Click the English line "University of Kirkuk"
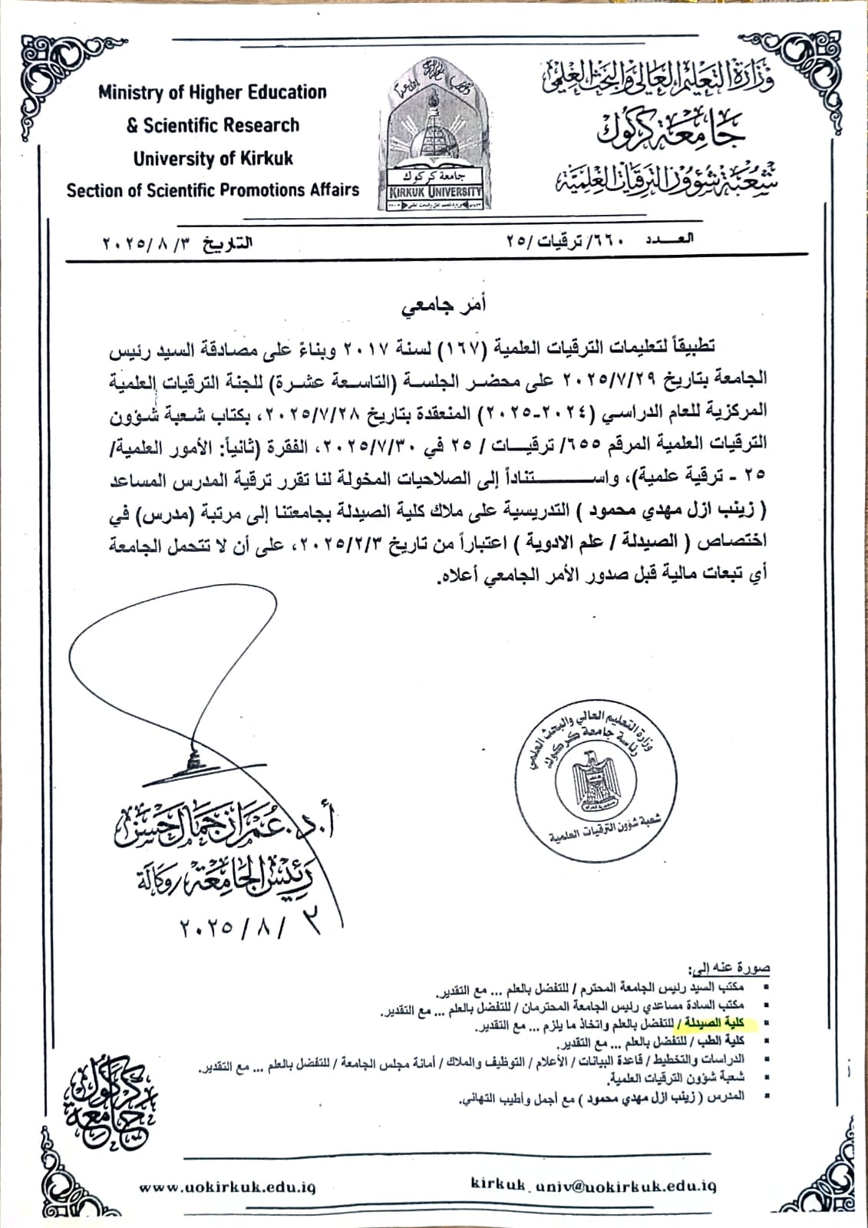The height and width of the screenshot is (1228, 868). click(213, 159)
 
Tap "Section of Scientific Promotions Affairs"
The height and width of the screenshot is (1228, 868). click(213, 190)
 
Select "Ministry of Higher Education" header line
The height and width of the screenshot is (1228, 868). click(213, 93)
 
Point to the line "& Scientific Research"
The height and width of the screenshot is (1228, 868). click(213, 126)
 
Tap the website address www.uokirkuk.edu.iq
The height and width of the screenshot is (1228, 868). click(227, 1187)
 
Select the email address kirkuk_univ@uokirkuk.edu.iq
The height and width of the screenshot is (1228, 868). click(594, 1186)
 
